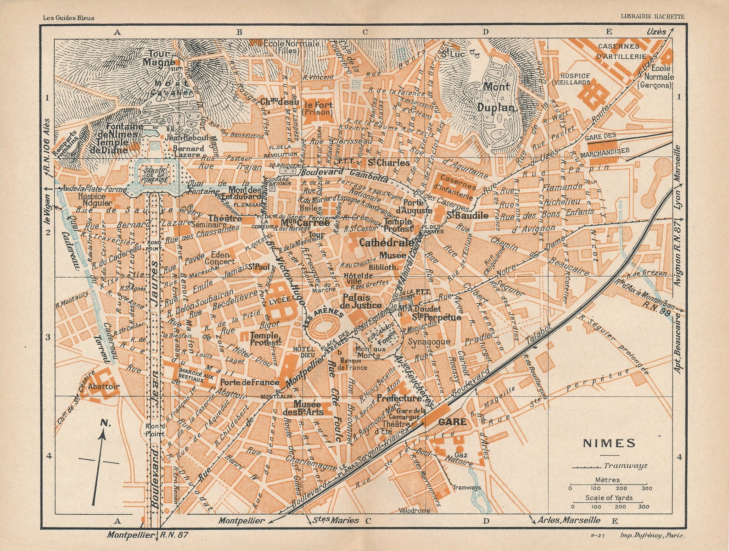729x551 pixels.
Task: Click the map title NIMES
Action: pyautogui.click(x=609, y=443)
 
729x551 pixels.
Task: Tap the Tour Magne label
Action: pyautogui.click(x=158, y=58)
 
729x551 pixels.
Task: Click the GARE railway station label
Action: pyautogui.click(x=452, y=422)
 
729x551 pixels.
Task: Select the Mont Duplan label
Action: pyautogui.click(x=498, y=97)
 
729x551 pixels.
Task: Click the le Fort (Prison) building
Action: pyautogui.click(x=317, y=108)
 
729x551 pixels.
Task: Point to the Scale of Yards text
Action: pyautogui.click(x=608, y=498)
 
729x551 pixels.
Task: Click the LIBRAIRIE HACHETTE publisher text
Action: pyautogui.click(x=652, y=17)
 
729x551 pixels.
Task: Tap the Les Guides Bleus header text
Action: pyautogui.click(x=69, y=18)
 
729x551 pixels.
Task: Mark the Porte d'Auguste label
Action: pyautogui.click(x=417, y=206)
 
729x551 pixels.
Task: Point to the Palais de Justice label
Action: pyautogui.click(x=361, y=301)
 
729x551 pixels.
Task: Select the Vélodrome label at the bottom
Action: pyautogui.click(x=415, y=511)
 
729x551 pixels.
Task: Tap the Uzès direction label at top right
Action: pyautogui.click(x=656, y=32)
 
